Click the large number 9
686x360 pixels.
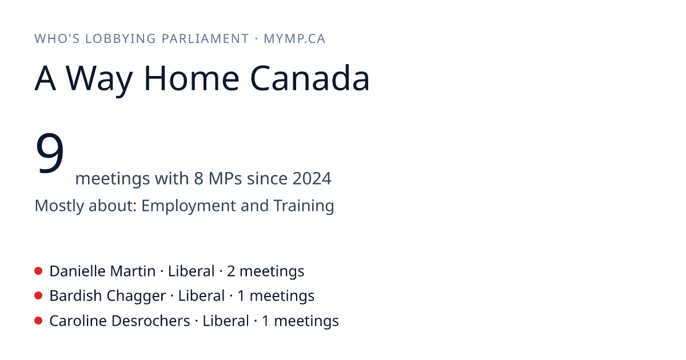pos(50,153)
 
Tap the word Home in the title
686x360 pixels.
pos(192,78)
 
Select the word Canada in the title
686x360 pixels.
pos(310,78)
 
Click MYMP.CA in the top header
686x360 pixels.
pos(294,39)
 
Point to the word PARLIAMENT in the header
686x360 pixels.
pos(205,39)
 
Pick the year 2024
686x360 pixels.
pos(312,178)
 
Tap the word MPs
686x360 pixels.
pos(225,178)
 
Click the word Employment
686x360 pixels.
pos(188,206)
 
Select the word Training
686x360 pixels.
pos(304,205)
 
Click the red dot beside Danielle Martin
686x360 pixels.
pos(38,271)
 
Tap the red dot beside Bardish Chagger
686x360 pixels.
pos(38,296)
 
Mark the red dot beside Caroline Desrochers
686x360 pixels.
pos(38,321)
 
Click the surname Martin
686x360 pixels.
pos(133,271)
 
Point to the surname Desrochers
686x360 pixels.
pos(151,321)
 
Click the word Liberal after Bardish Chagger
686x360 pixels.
pos(201,296)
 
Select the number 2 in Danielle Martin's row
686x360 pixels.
pos(231,271)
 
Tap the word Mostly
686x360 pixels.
pos(59,206)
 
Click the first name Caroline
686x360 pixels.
pos(78,321)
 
